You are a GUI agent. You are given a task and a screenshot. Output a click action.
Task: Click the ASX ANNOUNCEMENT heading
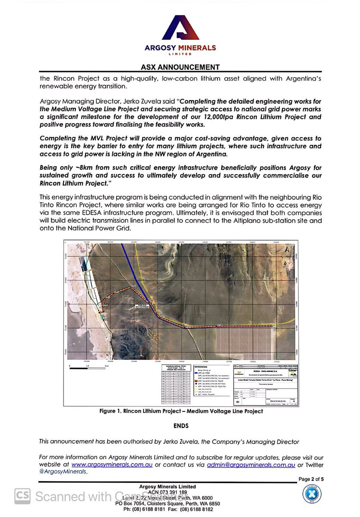click(180, 67)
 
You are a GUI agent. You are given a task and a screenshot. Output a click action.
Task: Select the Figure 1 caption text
click(181, 411)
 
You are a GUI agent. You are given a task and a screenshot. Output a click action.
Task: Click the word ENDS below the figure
click(181, 426)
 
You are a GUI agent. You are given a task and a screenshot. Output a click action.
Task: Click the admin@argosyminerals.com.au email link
click(251, 465)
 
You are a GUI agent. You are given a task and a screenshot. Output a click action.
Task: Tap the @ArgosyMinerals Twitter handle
click(63, 472)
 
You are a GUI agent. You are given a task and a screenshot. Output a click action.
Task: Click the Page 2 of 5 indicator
click(311, 479)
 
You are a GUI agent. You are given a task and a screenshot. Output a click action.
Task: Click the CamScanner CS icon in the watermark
click(22, 496)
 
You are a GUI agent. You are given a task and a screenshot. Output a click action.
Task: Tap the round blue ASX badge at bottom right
click(310, 495)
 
